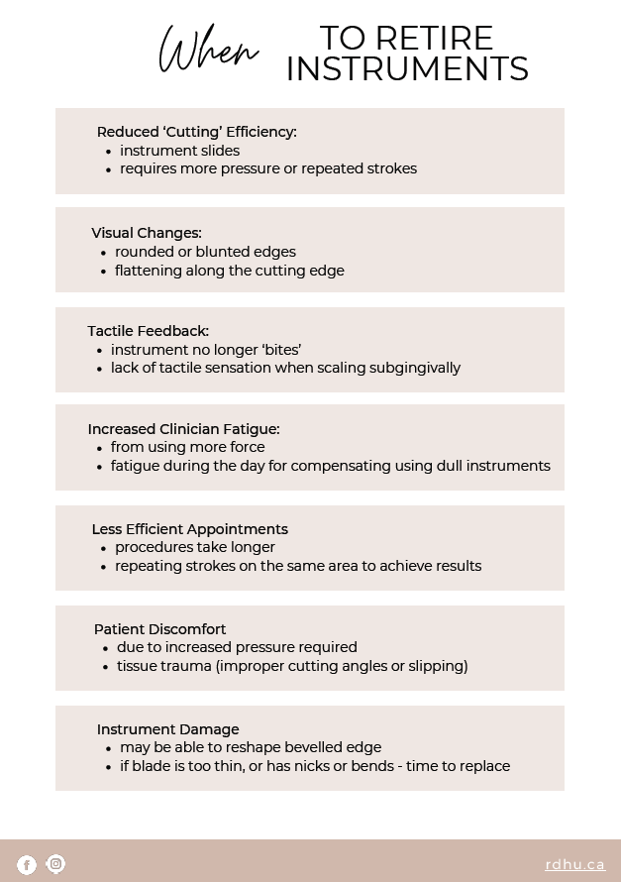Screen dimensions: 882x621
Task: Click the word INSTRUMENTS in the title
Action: (406, 69)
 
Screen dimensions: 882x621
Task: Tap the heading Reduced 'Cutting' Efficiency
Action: (196, 132)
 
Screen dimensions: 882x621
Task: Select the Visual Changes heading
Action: (147, 233)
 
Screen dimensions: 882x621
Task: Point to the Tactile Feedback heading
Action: (148, 331)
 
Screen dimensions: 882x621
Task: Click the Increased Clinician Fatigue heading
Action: (183, 429)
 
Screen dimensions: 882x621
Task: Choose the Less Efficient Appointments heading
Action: (189, 529)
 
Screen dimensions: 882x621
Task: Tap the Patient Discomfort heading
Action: (159, 629)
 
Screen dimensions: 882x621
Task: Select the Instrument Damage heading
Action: (167, 729)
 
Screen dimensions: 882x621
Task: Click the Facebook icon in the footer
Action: (27, 865)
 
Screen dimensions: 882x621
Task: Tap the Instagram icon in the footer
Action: (56, 864)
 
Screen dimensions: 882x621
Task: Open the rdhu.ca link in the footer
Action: (574, 864)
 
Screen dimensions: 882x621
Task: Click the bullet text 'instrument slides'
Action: (179, 151)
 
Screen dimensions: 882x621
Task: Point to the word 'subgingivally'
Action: (414, 368)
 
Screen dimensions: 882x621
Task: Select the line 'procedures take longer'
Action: (194, 547)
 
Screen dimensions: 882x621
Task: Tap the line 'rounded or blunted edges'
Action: (205, 252)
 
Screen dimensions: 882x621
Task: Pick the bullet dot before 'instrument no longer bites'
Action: (100, 351)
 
